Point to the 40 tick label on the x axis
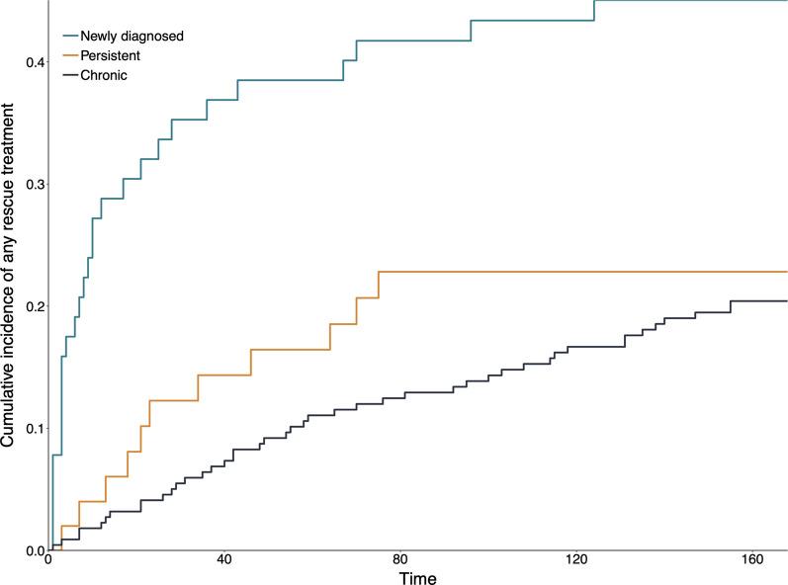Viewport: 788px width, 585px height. [x=224, y=562]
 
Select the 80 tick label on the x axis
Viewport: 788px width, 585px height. [x=400, y=562]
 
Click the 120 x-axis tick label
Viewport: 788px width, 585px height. [x=576, y=562]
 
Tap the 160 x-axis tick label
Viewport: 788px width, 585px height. [x=752, y=562]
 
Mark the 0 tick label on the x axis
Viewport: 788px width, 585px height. [x=48, y=562]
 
